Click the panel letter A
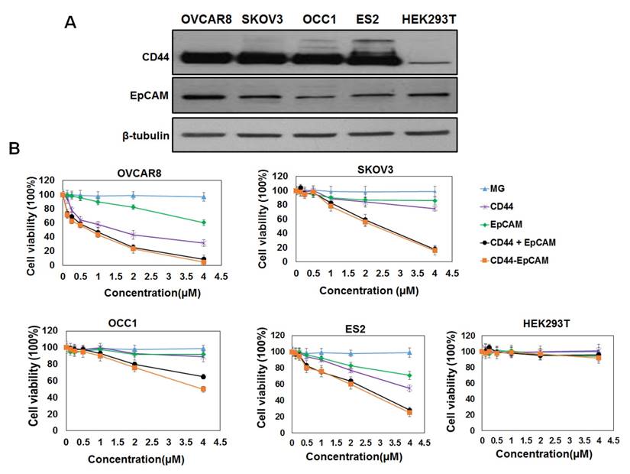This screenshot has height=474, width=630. pyautogui.click(x=71, y=23)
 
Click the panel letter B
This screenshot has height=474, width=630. pyautogui.click(x=14, y=146)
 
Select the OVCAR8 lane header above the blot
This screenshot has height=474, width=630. pyautogui.click(x=206, y=18)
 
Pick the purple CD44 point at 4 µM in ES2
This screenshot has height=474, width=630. pyautogui.click(x=410, y=388)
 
